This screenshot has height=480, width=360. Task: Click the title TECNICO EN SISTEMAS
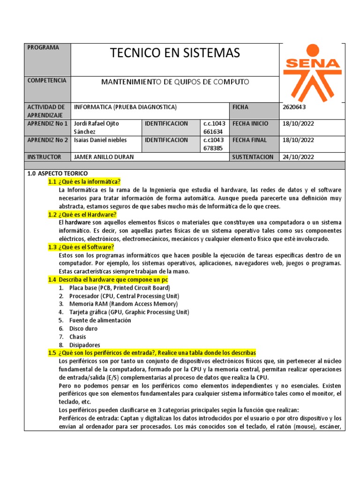click(x=175, y=53)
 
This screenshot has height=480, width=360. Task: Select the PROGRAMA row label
click(x=43, y=48)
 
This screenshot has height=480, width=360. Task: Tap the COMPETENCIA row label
click(x=47, y=81)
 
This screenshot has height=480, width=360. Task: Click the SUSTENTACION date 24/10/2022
click(x=299, y=157)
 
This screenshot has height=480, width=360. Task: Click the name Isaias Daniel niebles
click(x=101, y=140)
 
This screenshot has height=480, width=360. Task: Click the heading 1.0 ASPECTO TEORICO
click(x=57, y=173)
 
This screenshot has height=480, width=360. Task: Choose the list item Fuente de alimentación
click(x=100, y=321)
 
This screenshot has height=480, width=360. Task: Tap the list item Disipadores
click(x=85, y=345)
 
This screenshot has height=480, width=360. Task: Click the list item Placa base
click(x=120, y=288)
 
